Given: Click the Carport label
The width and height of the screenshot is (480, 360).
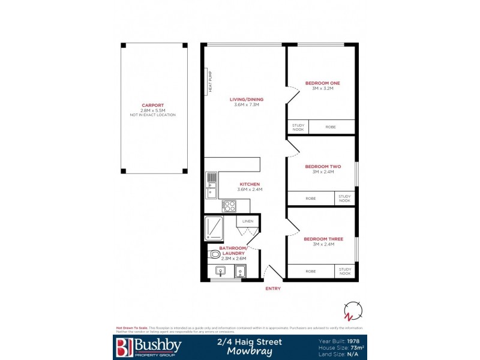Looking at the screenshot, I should pyautogui.click(x=152, y=106).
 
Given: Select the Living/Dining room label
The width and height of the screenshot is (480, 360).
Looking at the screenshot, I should pyautogui.click(x=246, y=100).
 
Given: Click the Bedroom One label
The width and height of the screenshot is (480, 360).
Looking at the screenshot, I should pyautogui.click(x=322, y=83).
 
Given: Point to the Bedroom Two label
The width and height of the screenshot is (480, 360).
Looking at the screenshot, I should pyautogui.click(x=323, y=166).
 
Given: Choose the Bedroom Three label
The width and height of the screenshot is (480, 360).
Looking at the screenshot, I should pyautogui.click(x=323, y=239).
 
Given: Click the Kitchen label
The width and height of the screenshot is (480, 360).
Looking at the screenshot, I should pyautogui.click(x=250, y=184).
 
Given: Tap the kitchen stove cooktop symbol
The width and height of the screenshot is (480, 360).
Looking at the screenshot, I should pyautogui.click(x=229, y=205).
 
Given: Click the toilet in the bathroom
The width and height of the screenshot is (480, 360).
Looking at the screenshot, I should pyautogui.click(x=214, y=254).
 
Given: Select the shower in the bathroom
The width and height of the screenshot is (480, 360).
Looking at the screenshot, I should pyautogui.click(x=215, y=227).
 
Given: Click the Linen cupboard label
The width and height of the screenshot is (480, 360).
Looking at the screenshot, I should pyautogui.click(x=248, y=222).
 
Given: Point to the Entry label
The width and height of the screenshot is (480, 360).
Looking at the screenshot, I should pyautogui.click(x=273, y=289).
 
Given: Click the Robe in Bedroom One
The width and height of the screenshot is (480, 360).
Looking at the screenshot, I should pyautogui.click(x=331, y=127).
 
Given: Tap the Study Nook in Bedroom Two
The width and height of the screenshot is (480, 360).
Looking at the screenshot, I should pyautogui.click(x=344, y=198).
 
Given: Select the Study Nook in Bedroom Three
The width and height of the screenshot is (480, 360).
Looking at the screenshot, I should pyautogui.click(x=344, y=271).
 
